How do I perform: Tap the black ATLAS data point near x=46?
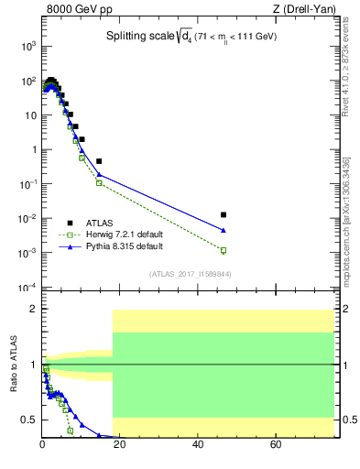(224, 214)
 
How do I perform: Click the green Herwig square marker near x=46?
(224, 250)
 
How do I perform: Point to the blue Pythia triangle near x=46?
(224, 230)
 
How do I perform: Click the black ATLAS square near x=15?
(99, 161)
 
